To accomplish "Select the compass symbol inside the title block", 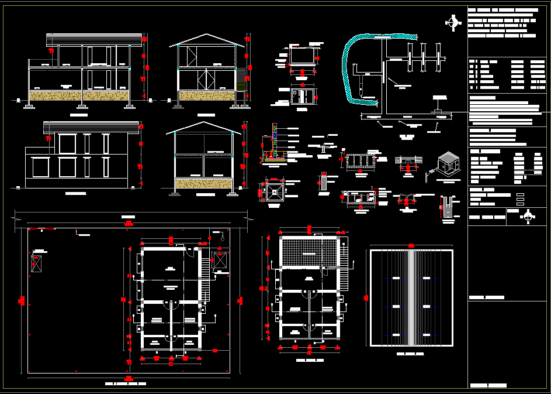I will [528, 216].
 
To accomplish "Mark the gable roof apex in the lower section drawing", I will [203, 124].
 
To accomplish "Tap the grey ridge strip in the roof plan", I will [411, 297].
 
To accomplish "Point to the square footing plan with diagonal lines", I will [273, 191].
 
